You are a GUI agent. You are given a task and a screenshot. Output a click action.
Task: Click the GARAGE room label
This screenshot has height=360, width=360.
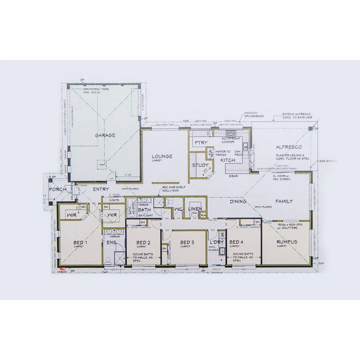click(x=105, y=135)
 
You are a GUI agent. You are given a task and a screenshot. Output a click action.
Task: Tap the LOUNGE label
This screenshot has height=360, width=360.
click(x=162, y=156)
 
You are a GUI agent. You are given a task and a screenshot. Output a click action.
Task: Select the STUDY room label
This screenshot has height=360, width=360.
click(x=200, y=165)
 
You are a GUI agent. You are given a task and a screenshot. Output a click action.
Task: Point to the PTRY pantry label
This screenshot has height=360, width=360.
click(x=200, y=143)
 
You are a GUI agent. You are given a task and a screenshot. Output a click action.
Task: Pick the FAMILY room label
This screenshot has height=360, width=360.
click(x=284, y=201)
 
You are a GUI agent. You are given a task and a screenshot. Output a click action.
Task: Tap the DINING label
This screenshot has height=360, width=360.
click(x=238, y=202)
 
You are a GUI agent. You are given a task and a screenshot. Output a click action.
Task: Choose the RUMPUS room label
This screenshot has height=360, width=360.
click(x=286, y=242)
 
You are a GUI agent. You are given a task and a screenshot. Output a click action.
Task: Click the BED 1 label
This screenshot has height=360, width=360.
click(x=80, y=242)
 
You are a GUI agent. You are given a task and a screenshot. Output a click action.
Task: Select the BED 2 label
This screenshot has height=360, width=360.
click(x=143, y=242)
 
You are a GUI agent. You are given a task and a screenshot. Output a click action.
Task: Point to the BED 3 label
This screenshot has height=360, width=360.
click(x=187, y=242)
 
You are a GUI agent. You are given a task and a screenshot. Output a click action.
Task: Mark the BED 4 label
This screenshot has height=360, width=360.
click(x=236, y=242)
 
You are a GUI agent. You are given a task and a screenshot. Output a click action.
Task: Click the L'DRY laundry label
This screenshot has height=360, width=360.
click(x=216, y=242)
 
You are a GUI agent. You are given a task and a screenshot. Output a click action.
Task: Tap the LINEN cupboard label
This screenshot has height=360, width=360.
click(x=196, y=209)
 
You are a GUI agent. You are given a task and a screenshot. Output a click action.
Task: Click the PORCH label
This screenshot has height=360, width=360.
click(x=57, y=189)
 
